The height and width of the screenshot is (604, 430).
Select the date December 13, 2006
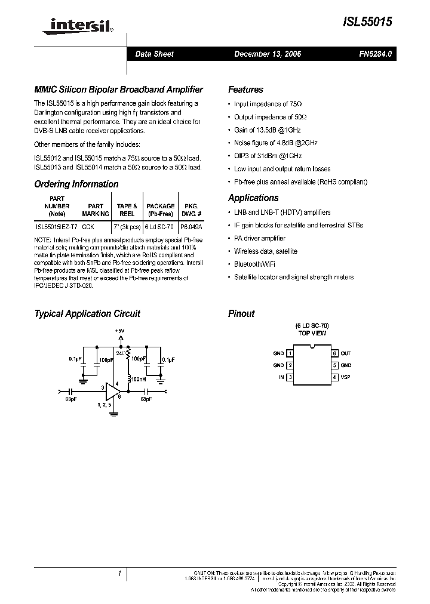pyautogui.click(x=267, y=54)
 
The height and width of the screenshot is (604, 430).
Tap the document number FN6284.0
pyautogui.click(x=375, y=54)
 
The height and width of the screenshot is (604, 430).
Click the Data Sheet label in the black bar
pyautogui.click(x=154, y=54)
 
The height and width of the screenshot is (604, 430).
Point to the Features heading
pyautogui.click(x=245, y=90)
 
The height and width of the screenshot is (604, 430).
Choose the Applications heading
pyautogui.click(x=253, y=198)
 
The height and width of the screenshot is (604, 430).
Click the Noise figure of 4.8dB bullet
pyautogui.click(x=275, y=143)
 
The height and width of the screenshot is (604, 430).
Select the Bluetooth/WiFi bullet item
pyautogui.click(x=255, y=264)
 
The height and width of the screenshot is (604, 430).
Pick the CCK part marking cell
pyautogui.click(x=88, y=227)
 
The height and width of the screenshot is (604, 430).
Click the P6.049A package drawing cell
pyautogui.click(x=191, y=227)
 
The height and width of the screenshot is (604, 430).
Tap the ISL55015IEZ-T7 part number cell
pyautogui.click(x=56, y=227)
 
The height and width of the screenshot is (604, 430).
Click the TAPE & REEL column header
pyautogui.click(x=127, y=209)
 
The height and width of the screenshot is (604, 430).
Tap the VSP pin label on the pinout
pyautogui.click(x=346, y=377)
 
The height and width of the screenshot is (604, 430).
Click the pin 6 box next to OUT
pyautogui.click(x=335, y=353)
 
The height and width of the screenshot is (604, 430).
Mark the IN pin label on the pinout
pyautogui.click(x=281, y=377)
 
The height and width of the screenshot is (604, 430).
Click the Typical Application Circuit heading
pyautogui.click(x=87, y=313)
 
